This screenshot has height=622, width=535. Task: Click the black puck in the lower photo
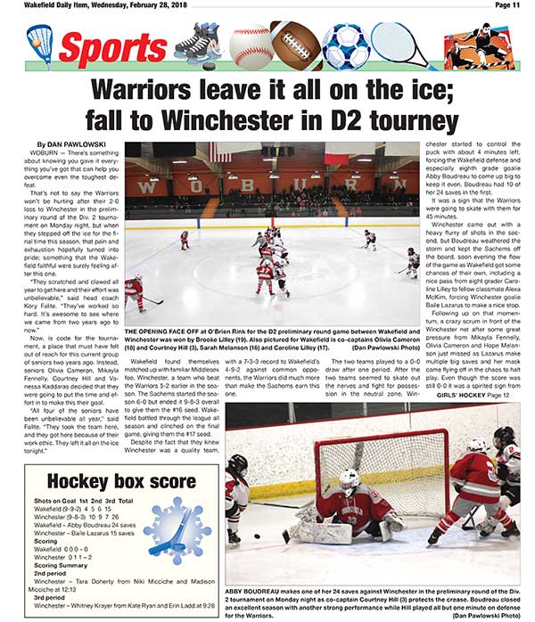coord(257,537)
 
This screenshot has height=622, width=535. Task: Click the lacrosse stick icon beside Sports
coord(39,44)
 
